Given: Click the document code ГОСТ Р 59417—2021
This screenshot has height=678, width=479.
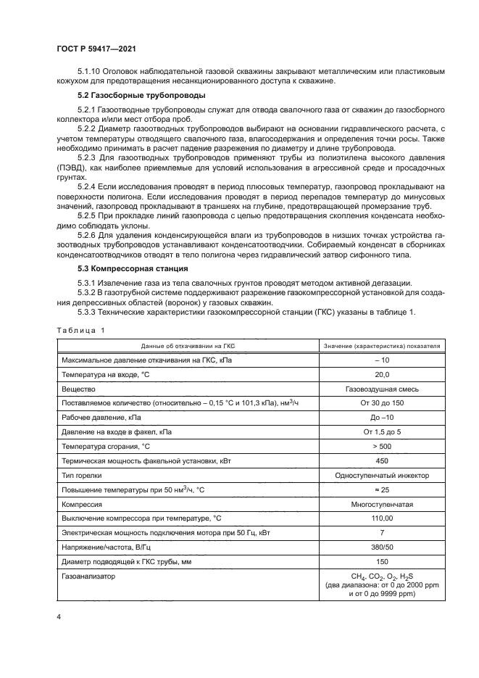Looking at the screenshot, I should pos(96,49).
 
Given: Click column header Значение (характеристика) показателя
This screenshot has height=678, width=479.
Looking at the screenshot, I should pos(382,346).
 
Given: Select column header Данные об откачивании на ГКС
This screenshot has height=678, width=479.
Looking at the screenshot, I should pos(188,346).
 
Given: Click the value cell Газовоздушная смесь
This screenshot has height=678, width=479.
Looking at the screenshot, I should pos(382,388).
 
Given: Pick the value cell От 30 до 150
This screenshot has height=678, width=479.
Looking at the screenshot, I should pos(382,402).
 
